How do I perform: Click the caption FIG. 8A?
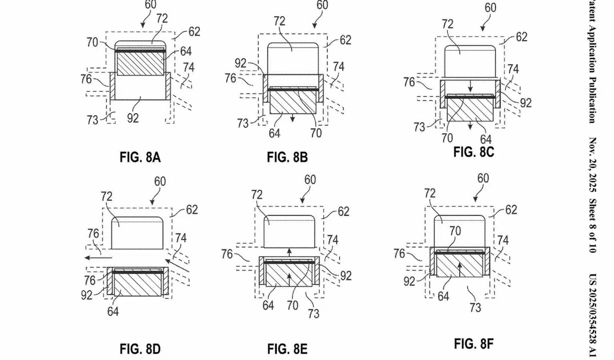tap(140, 157)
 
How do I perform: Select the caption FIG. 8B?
tap(287, 157)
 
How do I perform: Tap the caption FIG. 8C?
tap(474, 152)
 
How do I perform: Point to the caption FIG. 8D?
tap(140, 349)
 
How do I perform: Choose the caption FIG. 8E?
tap(287, 349)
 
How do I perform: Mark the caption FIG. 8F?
tap(474, 344)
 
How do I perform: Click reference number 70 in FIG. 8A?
tap(92, 42)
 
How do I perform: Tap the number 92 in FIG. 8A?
tap(133, 118)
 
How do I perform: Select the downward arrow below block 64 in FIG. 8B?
tap(293, 118)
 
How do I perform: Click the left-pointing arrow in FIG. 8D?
tap(98, 257)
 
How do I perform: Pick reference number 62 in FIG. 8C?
tap(521, 37)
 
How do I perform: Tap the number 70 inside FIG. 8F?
tap(455, 231)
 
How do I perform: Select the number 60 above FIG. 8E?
tap(310, 180)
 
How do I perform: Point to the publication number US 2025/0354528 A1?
tap(593, 316)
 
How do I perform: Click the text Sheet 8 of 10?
tap(593, 226)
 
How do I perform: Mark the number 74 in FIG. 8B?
tap(339, 67)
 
